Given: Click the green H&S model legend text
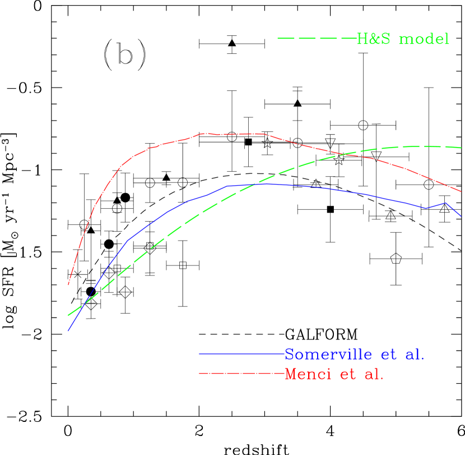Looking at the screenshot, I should point(403,39).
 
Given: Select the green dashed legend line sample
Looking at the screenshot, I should point(317,39).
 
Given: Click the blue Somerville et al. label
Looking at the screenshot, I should point(354,354).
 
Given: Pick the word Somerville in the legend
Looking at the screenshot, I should point(328,354).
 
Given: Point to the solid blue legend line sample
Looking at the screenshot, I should point(241,354).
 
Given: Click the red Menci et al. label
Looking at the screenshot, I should point(334,374).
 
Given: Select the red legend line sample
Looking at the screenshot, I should point(241,373).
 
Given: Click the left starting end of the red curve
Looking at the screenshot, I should point(68,285).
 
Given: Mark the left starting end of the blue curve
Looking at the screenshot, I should point(68,331).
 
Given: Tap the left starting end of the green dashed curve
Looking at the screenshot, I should point(68,315).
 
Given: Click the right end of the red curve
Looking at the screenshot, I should point(461,191).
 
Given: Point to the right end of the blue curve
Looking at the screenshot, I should point(461,216).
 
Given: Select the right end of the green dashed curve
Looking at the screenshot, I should point(461,148).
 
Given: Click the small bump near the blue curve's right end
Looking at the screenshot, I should point(445,203).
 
